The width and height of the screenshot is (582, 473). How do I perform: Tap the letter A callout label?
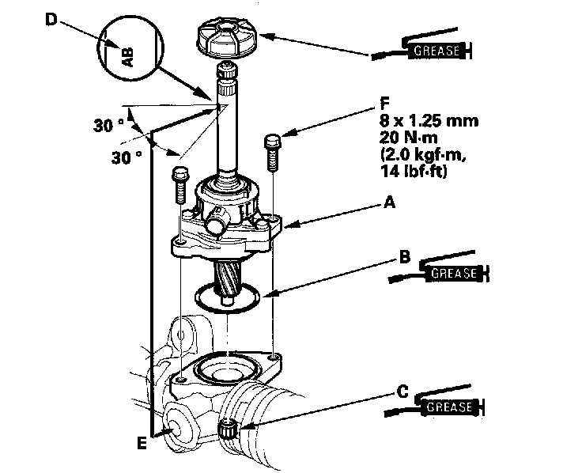click(x=389, y=202)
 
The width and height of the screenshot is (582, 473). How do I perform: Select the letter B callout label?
click(x=405, y=256)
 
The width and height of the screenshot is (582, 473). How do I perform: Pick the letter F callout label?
click(x=385, y=104)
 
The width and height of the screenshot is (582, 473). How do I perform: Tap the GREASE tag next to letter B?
click(x=454, y=274)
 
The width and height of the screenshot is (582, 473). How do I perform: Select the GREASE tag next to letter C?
click(x=449, y=407)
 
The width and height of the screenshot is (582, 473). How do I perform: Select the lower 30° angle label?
click(x=127, y=157)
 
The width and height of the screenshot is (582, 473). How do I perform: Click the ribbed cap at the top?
click(x=225, y=39)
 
